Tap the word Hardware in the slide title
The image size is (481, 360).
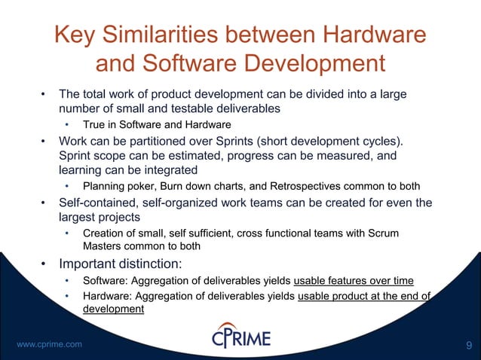point(372,35)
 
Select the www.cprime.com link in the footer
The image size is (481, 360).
point(49,344)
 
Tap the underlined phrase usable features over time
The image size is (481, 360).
point(354,281)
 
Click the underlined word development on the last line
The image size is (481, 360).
point(113,308)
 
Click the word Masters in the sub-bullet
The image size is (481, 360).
point(101,246)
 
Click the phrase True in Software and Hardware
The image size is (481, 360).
point(157,124)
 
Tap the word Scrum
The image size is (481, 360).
point(384,233)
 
